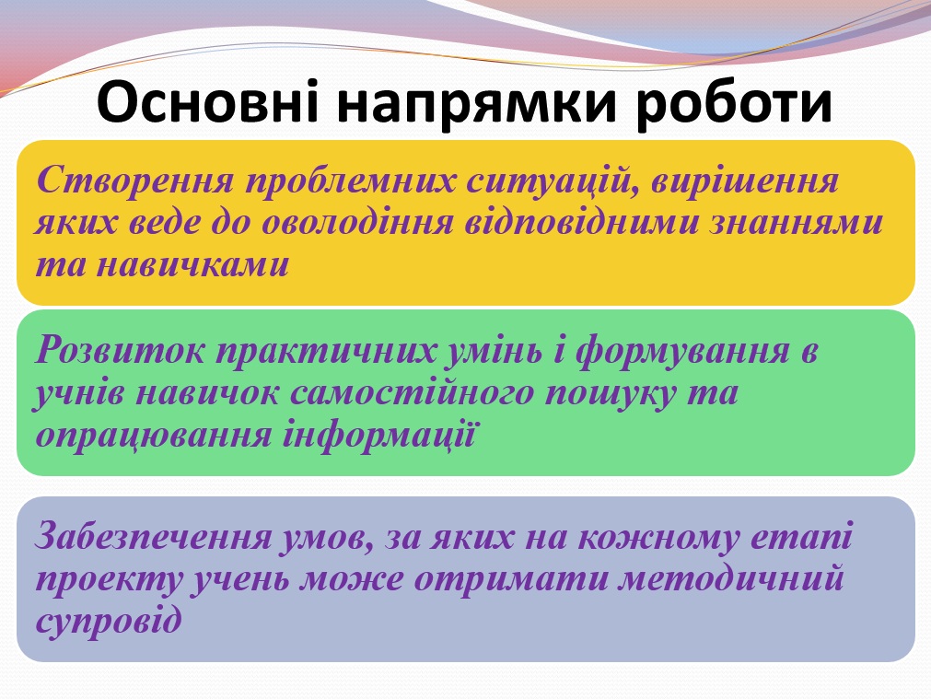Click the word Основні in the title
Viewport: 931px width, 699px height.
coord(207,105)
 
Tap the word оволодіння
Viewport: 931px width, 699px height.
coord(358,222)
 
